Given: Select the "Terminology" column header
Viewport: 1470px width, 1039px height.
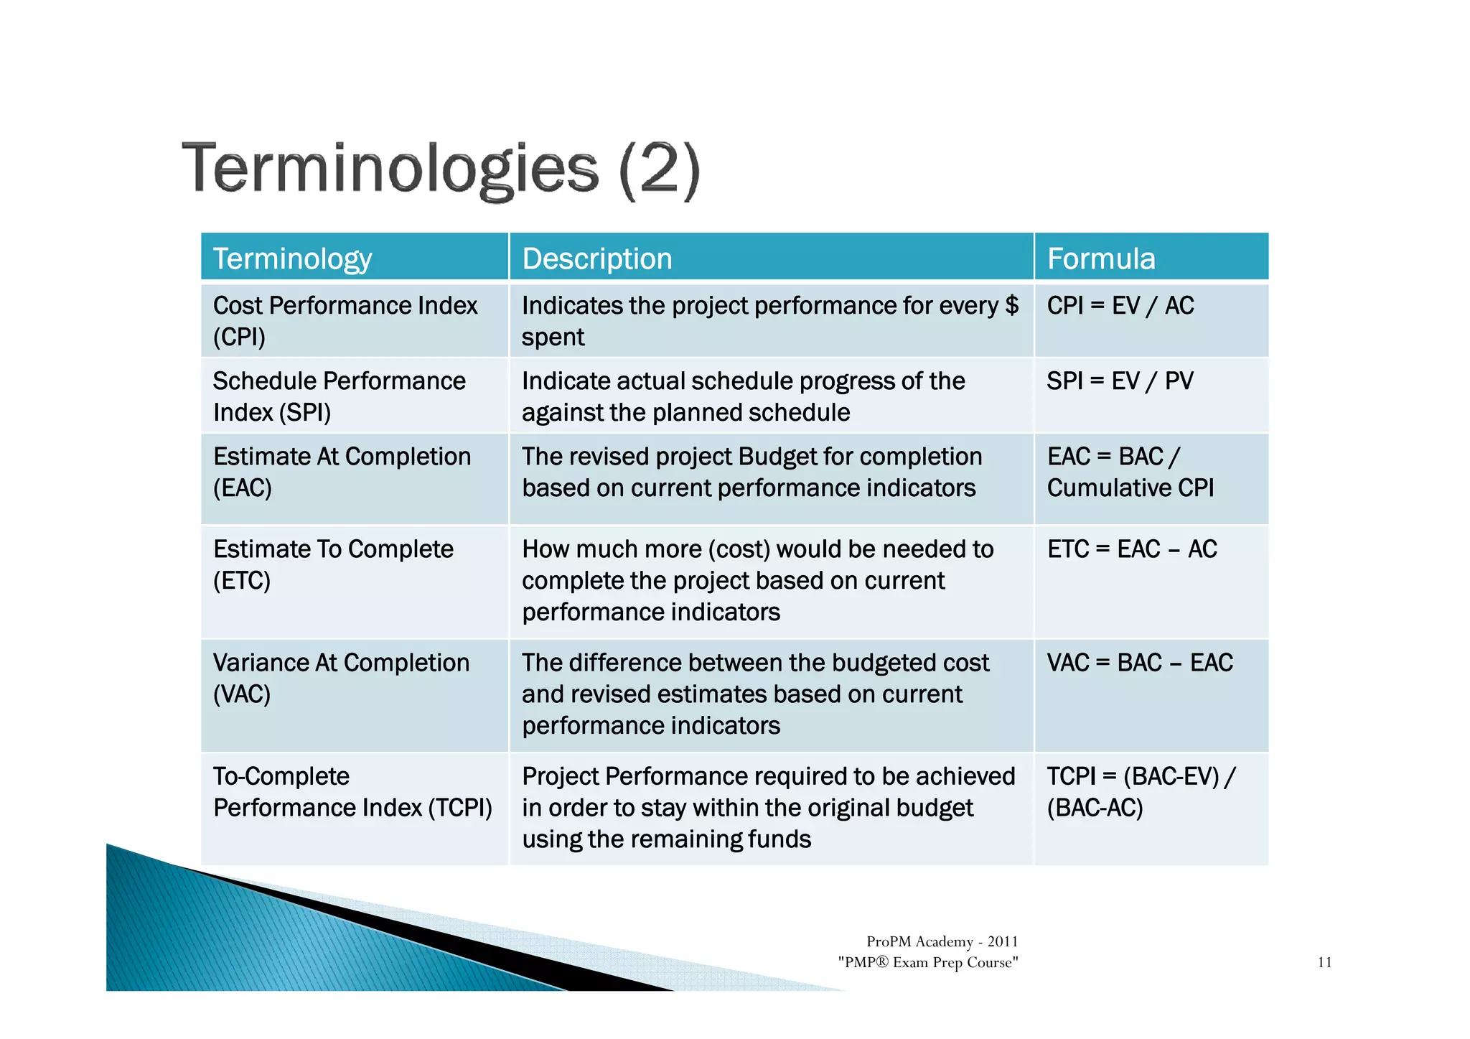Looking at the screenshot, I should [x=292, y=258].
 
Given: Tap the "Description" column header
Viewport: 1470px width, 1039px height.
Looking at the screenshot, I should [x=596, y=258].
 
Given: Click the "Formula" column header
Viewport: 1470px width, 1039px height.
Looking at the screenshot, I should [x=1100, y=258].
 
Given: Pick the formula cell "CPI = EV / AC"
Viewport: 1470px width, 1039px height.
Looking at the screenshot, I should [x=1120, y=306].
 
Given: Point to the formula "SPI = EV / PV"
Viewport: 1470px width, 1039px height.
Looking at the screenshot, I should [x=1120, y=381].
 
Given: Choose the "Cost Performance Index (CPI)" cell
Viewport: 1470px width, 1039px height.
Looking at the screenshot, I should [x=345, y=321].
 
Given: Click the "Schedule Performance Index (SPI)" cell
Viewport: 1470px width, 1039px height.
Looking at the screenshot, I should [x=339, y=396].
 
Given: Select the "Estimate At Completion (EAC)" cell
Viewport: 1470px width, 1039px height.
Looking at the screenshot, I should [x=342, y=472].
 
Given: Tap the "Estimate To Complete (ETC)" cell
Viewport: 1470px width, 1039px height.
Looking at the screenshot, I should [x=333, y=564].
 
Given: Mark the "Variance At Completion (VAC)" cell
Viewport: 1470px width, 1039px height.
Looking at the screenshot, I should [x=341, y=678].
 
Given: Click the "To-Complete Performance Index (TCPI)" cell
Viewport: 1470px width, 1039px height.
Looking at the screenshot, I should [x=352, y=792].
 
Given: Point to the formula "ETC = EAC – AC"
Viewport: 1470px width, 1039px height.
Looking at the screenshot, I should [x=1132, y=549].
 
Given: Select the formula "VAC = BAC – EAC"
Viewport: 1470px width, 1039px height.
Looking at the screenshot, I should [x=1139, y=663].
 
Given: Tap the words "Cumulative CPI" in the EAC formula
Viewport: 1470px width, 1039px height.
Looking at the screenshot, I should [x=1130, y=488].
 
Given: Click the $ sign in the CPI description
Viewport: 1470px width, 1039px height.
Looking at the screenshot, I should [x=1011, y=306].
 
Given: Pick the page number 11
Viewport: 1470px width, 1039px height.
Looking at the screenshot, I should [x=1324, y=962].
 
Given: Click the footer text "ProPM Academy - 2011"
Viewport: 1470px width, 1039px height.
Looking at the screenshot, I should [x=942, y=941].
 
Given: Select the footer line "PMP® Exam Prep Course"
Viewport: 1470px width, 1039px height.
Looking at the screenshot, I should [x=927, y=962].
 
